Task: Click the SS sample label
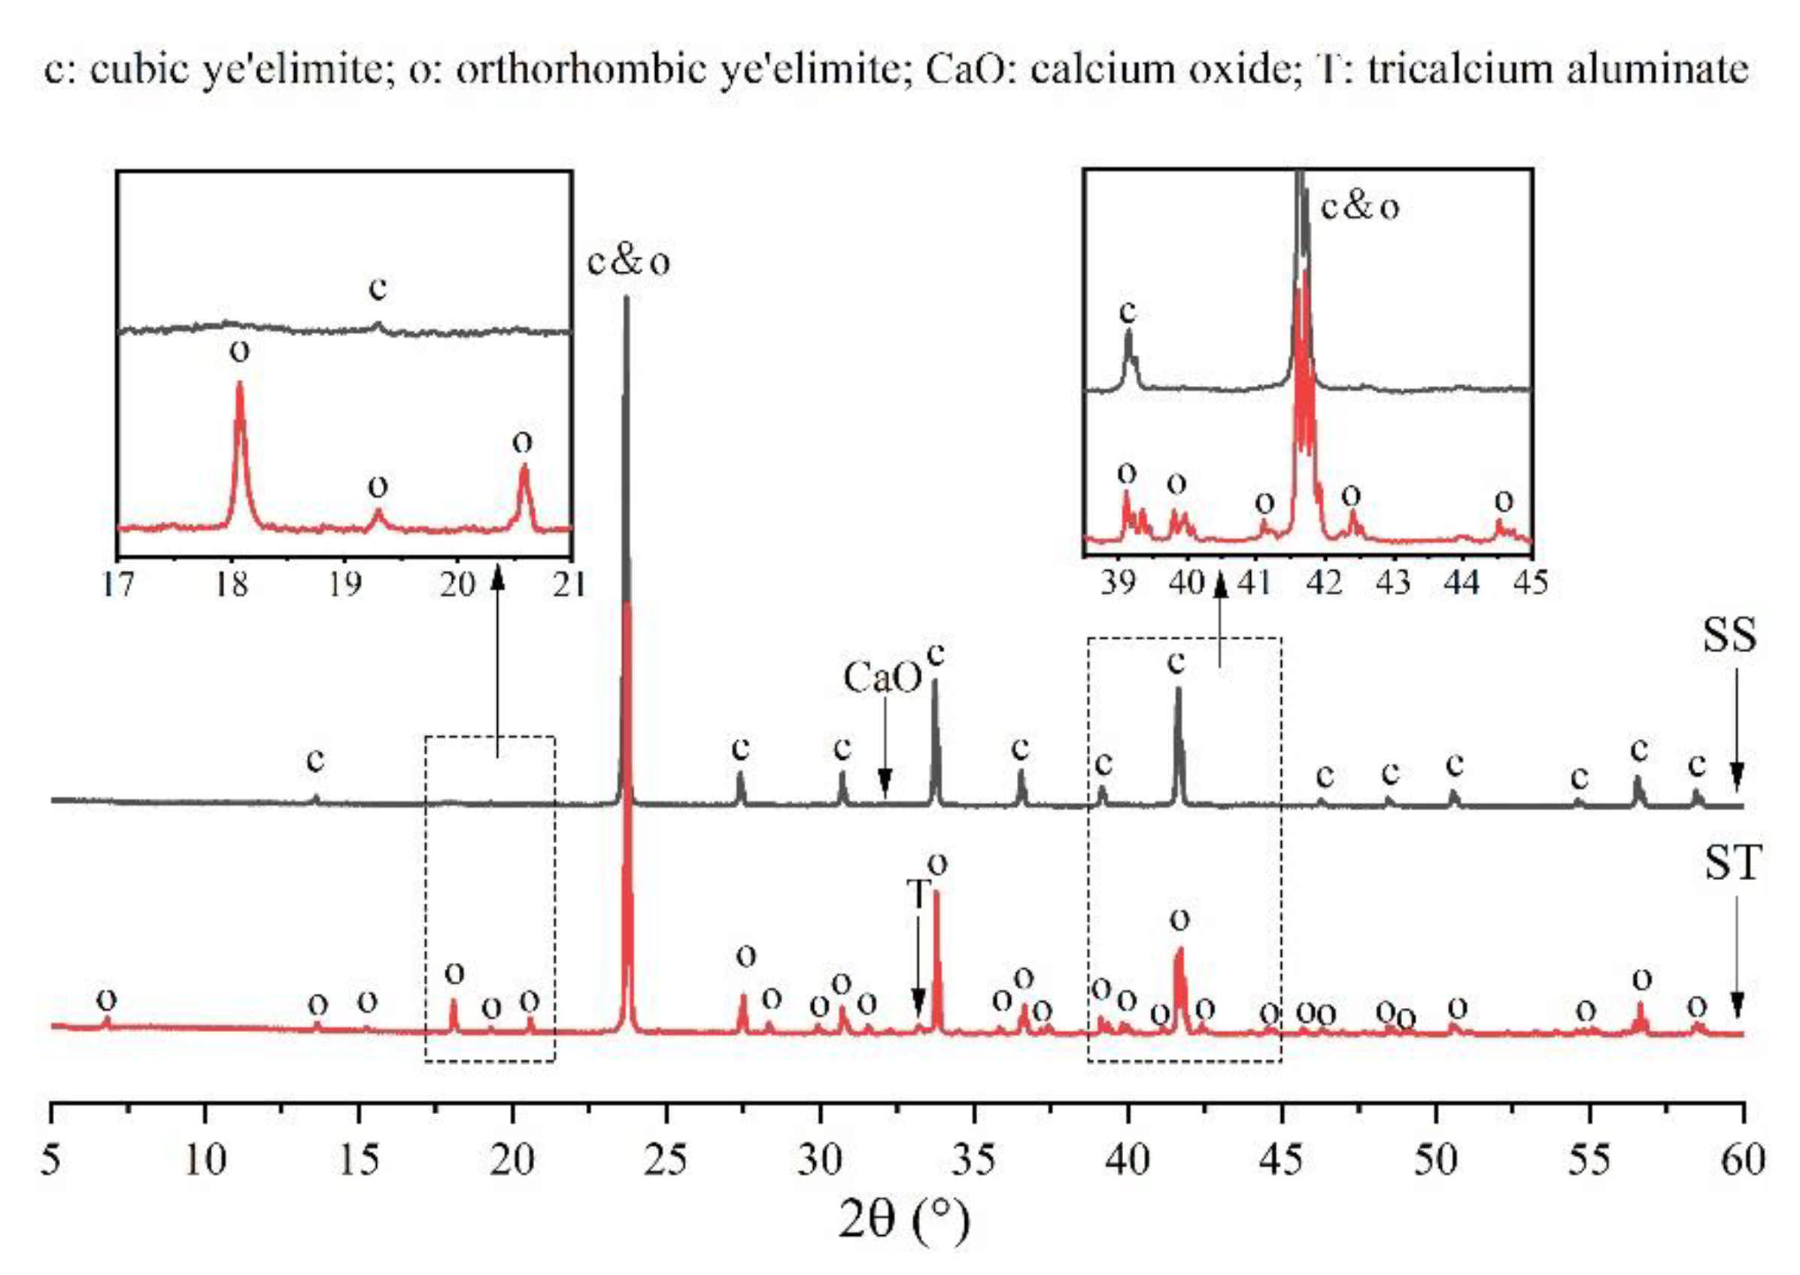click(x=1729, y=636)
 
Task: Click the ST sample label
click(x=1732, y=862)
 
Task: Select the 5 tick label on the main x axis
click(x=51, y=1161)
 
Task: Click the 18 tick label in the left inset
click(x=232, y=584)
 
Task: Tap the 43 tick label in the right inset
click(x=1393, y=582)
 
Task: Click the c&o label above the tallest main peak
click(x=628, y=263)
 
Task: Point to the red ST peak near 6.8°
click(x=107, y=1021)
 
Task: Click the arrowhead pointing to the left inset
click(x=496, y=578)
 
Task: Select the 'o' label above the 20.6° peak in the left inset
click(x=522, y=442)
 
